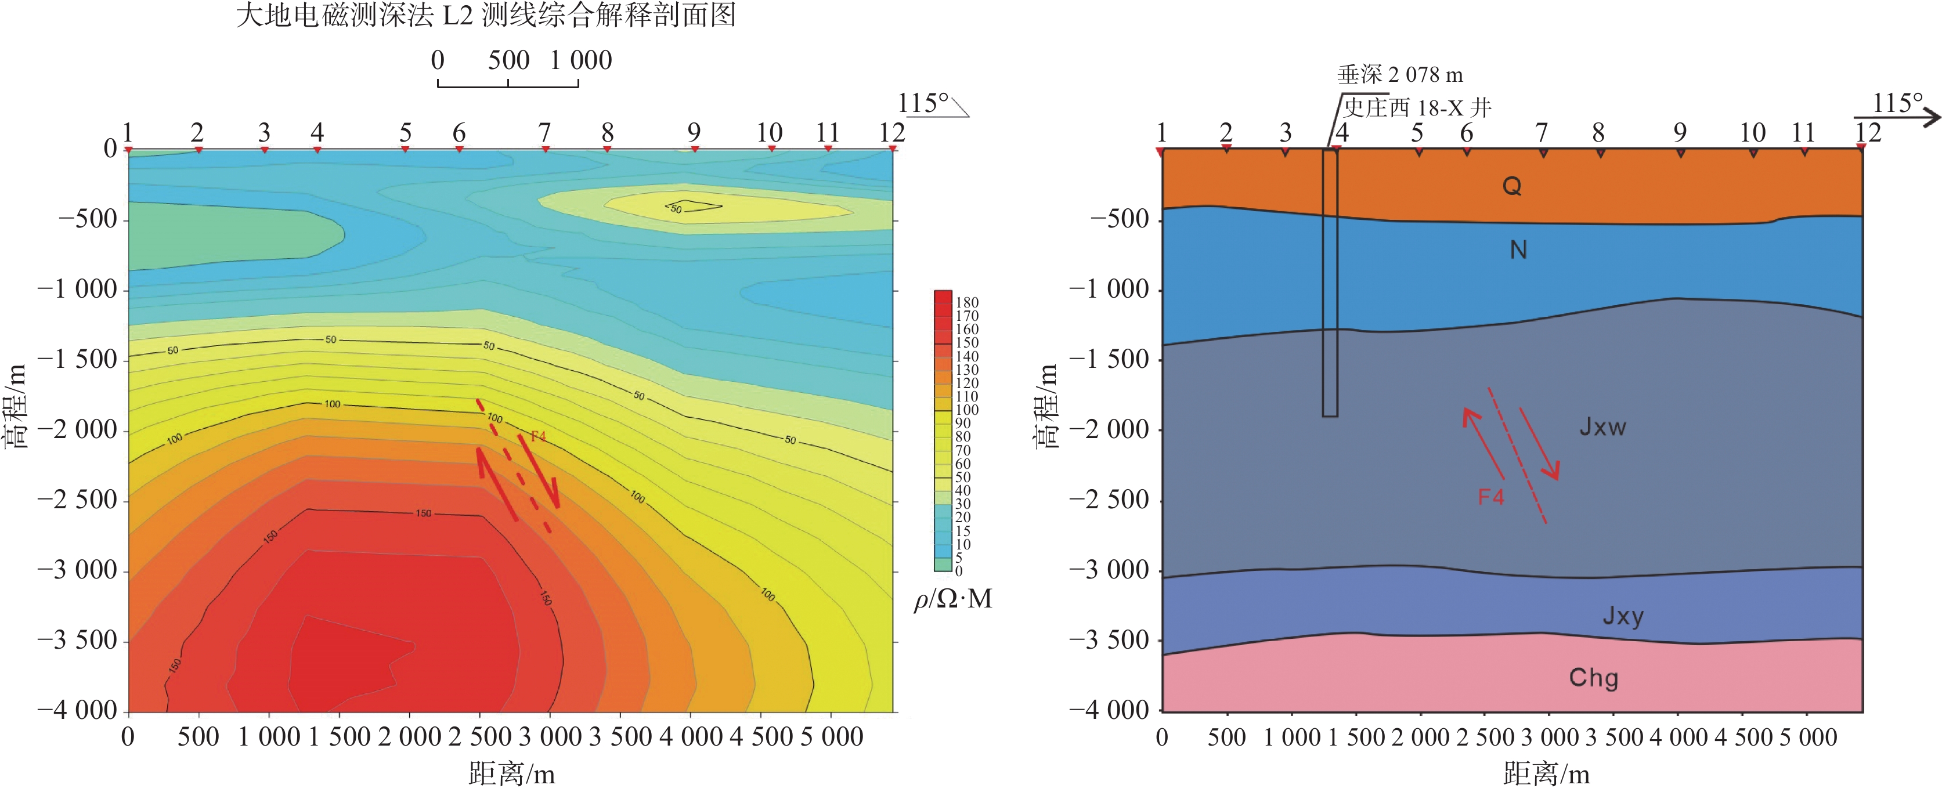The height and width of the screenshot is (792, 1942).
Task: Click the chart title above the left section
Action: [x=486, y=15]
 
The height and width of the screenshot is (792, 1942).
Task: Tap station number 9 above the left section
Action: [x=694, y=133]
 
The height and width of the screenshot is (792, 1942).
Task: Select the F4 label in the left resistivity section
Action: [x=538, y=436]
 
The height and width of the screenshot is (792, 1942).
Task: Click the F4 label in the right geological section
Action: [x=1490, y=497]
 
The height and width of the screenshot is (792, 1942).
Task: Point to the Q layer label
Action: [x=1511, y=185]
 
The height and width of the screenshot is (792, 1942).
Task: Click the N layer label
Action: [x=1518, y=249]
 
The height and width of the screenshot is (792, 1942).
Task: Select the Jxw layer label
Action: [x=1602, y=427]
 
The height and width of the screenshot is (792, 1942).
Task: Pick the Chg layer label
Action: [x=1594, y=678]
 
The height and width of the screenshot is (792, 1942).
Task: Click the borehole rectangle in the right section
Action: [x=1330, y=283]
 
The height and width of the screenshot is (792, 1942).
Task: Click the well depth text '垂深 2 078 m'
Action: [x=1400, y=75]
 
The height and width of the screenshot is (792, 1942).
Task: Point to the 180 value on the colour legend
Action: [x=966, y=302]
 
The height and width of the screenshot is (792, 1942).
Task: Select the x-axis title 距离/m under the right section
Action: [x=1546, y=774]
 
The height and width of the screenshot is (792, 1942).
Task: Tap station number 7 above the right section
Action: [x=1542, y=133]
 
